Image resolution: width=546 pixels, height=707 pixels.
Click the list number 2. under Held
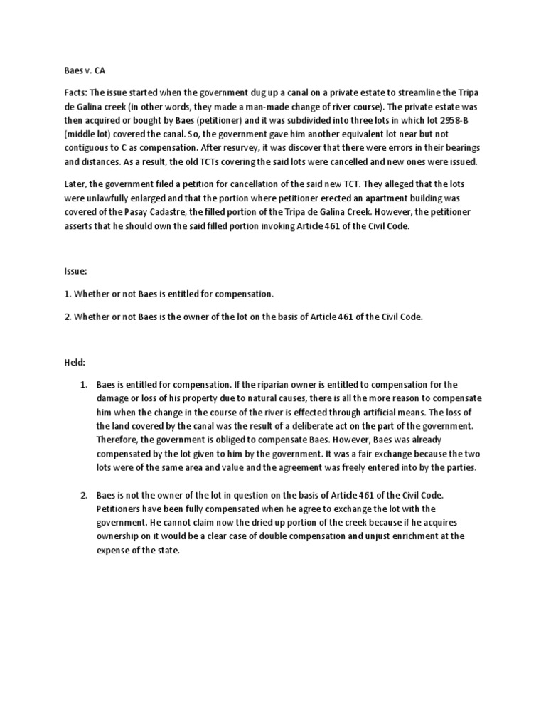point(83,495)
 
